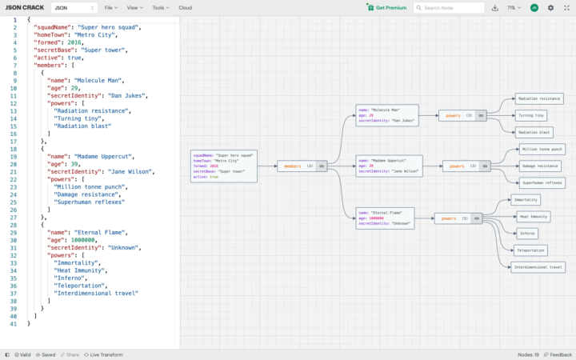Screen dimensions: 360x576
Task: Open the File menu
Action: (108, 7)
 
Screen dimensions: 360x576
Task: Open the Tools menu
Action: (160, 7)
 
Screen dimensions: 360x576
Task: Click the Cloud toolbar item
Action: (185, 7)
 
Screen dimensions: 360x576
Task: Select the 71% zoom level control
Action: (513, 8)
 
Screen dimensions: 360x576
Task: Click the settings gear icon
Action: (550, 8)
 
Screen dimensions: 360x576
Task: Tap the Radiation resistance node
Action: (538, 98)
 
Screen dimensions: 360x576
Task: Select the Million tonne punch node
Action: (542, 149)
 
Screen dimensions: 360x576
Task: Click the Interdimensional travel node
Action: (538, 266)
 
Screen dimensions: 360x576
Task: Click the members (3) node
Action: (302, 166)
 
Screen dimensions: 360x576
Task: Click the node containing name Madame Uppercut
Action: (385, 166)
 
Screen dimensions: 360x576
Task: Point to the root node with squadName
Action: (223, 166)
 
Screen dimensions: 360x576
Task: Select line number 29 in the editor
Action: (14, 234)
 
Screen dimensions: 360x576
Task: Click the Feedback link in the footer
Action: (557, 354)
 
